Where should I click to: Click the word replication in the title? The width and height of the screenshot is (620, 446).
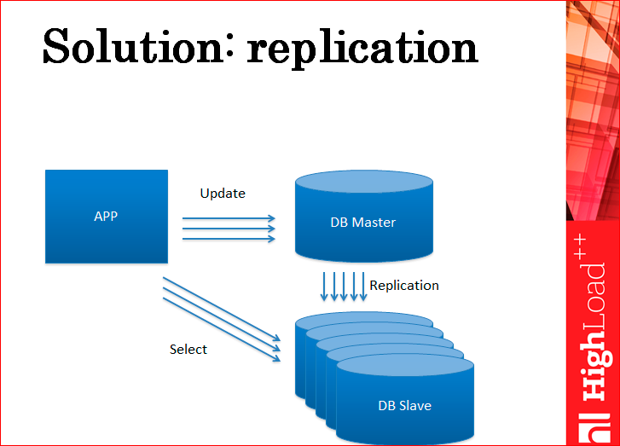pyautogui.click(x=362, y=49)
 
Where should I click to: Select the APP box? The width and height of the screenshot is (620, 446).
pyautogui.click(x=107, y=217)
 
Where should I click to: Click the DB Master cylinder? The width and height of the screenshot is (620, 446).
pyautogui.click(x=364, y=216)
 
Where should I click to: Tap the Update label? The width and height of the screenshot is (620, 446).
pyautogui.click(x=223, y=194)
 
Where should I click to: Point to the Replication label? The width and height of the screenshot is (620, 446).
pyautogui.click(x=404, y=285)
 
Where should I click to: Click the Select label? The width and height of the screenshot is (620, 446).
pyautogui.click(x=188, y=349)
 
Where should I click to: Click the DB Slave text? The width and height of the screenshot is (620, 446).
pyautogui.click(x=404, y=405)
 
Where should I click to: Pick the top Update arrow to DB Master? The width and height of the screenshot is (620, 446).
pyautogui.click(x=229, y=218)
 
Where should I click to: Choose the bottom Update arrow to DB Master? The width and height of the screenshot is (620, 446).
pyautogui.click(x=229, y=239)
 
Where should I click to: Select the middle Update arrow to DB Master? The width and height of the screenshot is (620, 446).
pyautogui.click(x=229, y=229)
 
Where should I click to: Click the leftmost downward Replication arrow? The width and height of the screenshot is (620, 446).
pyautogui.click(x=324, y=287)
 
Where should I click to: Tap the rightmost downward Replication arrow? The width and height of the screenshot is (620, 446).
pyautogui.click(x=363, y=287)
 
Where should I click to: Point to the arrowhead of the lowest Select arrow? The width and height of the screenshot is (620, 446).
pyautogui.click(x=277, y=358)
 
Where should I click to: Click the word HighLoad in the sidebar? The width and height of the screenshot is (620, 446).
pyautogui.click(x=594, y=332)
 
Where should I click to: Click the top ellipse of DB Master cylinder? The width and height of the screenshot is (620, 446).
pyautogui.click(x=364, y=182)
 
